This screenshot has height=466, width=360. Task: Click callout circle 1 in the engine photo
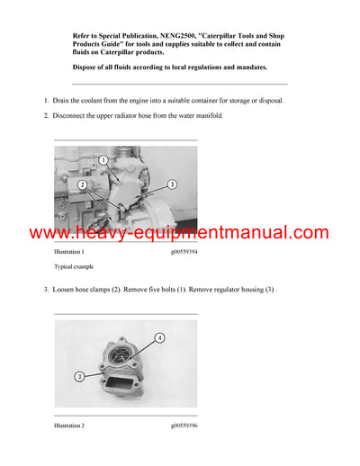(x=103, y=159)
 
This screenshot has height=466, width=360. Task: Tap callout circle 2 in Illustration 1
(x=82, y=184)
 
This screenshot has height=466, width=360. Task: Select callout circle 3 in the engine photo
(x=172, y=184)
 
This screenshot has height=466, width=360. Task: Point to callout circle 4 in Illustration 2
(x=160, y=338)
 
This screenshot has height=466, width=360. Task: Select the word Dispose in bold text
(x=86, y=67)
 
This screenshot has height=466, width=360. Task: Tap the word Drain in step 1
(x=64, y=100)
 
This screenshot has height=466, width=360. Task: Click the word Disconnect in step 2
(x=73, y=116)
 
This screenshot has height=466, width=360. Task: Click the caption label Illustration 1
(x=74, y=253)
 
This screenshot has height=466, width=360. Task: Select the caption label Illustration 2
(x=74, y=425)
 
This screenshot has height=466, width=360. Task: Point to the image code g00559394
(x=177, y=253)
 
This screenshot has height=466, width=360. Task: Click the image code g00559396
(x=177, y=425)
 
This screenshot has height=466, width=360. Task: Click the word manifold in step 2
(x=229, y=116)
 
